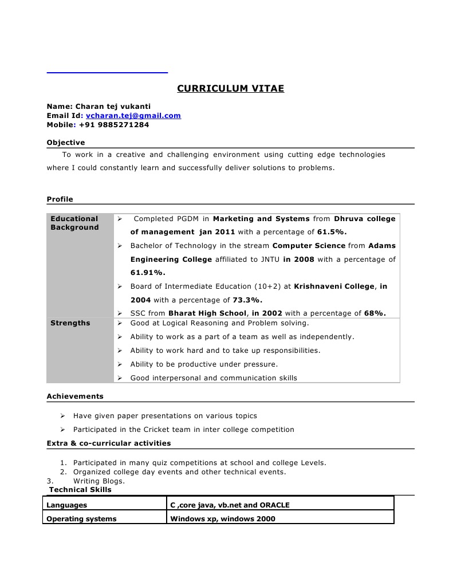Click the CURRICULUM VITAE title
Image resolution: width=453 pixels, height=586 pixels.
(x=230, y=89)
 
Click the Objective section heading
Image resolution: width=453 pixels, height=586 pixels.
(x=65, y=143)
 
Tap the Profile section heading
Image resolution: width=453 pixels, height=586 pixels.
(x=60, y=199)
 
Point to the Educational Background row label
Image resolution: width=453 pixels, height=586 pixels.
(x=74, y=223)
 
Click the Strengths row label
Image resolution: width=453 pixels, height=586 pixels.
(x=70, y=323)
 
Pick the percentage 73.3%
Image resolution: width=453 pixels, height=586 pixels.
(x=247, y=300)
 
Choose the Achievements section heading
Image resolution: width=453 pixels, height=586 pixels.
(x=75, y=396)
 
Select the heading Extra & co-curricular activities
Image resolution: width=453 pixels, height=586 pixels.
(x=109, y=443)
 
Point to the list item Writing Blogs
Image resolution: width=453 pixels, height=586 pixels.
(x=99, y=481)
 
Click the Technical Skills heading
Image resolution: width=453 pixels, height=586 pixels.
(x=80, y=490)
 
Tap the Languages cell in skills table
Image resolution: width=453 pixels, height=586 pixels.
(x=67, y=505)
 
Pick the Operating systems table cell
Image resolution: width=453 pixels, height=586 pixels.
(x=81, y=519)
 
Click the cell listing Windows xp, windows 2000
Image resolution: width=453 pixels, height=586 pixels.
(x=223, y=519)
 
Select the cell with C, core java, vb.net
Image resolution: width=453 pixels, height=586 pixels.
(x=230, y=505)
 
